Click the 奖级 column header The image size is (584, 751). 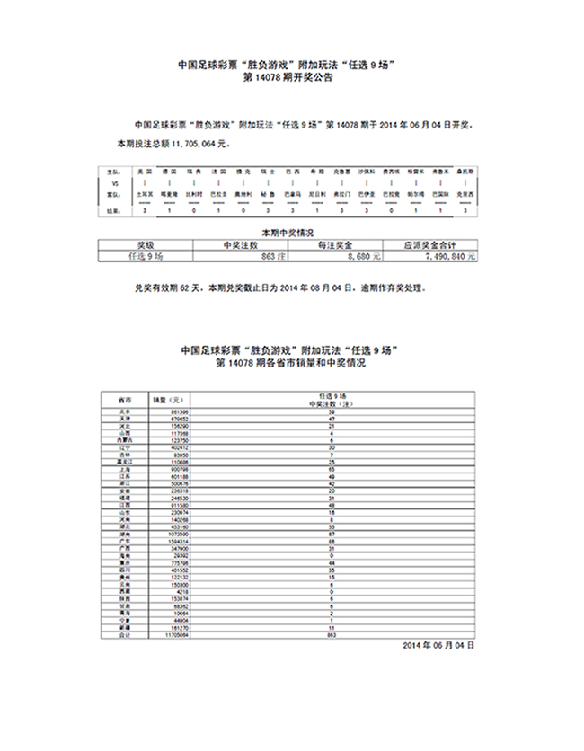145,244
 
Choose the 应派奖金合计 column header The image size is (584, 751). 429,244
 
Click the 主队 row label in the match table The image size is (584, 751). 114,170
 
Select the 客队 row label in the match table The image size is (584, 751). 114,193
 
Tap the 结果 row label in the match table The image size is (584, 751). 114,210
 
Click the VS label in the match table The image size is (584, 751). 114,181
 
